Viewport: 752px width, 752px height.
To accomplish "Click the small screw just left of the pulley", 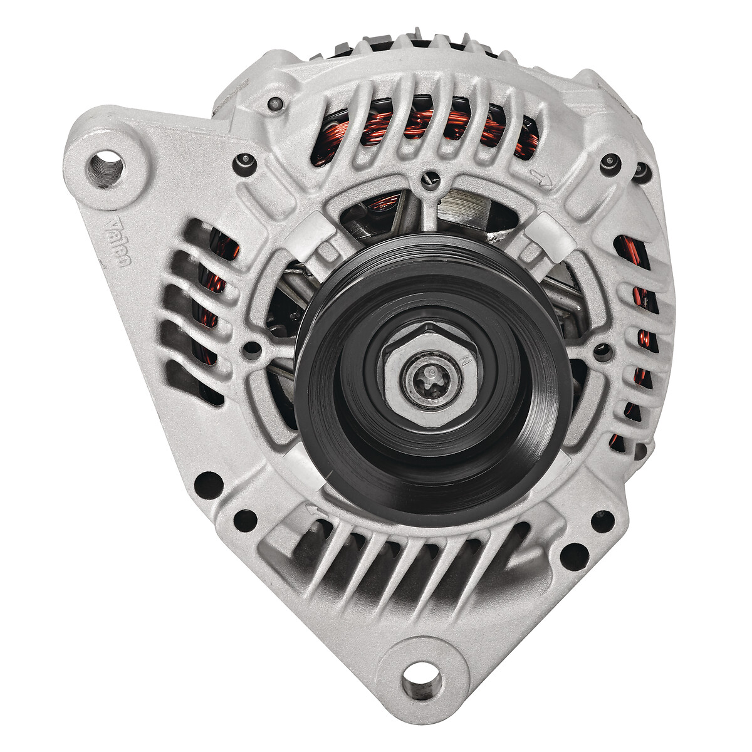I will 253,348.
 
